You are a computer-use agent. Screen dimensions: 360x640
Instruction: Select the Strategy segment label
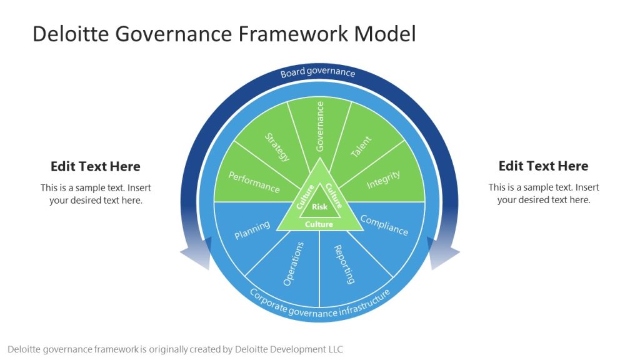[277, 147]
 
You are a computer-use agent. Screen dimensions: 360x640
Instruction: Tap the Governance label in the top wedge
[320, 127]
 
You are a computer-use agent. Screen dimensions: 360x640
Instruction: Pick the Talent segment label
[361, 147]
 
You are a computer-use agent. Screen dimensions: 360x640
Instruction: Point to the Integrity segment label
[383, 179]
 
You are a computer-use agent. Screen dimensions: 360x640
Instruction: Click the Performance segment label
[254, 182]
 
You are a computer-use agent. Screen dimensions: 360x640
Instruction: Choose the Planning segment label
[252, 229]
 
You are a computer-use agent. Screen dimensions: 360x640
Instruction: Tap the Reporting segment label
[344, 264]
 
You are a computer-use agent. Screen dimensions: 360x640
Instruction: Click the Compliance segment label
[384, 225]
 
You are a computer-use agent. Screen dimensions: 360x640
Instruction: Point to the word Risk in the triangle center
[319, 207]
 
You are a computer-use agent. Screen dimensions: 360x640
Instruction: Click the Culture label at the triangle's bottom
[319, 224]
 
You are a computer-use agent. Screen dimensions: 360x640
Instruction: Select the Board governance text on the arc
[317, 72]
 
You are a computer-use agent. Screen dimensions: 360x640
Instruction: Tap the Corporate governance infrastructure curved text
[319, 304]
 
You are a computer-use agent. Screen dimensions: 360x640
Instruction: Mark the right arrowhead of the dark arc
[444, 255]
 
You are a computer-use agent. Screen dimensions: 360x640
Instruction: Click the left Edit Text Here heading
[96, 166]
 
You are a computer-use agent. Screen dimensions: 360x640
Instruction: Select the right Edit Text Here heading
[543, 166]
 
